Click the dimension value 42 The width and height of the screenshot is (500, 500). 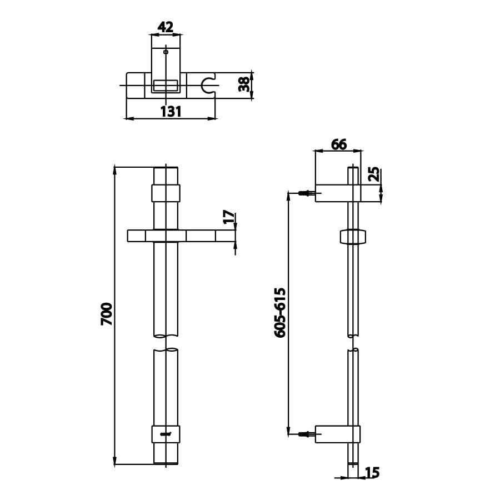tap(166, 26)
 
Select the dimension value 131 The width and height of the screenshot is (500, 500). tap(171, 111)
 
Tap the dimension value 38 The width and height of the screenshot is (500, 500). tap(243, 84)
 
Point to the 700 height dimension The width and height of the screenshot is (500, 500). tap(107, 314)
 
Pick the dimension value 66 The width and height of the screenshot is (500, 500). tap(338, 144)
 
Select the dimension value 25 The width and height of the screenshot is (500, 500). tap(374, 174)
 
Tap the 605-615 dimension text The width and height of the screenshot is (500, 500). tap(280, 312)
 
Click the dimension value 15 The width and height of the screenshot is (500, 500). tap(372, 473)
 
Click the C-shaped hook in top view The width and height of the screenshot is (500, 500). tap(208, 85)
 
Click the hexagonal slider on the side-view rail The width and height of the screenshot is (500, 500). tap(353, 236)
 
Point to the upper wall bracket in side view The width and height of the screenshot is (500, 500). tap(337, 193)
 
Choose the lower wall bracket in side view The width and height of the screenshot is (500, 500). tap(337, 434)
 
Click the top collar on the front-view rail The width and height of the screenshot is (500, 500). tap(166, 193)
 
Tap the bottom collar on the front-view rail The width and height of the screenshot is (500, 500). tap(166, 434)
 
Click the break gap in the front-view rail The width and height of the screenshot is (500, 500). tap(166, 342)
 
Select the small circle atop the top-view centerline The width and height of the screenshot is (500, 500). tap(166, 52)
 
